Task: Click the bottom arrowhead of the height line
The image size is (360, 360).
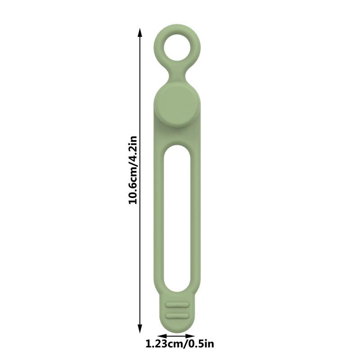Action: [140, 329]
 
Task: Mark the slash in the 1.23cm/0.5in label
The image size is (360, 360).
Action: [185, 345]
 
